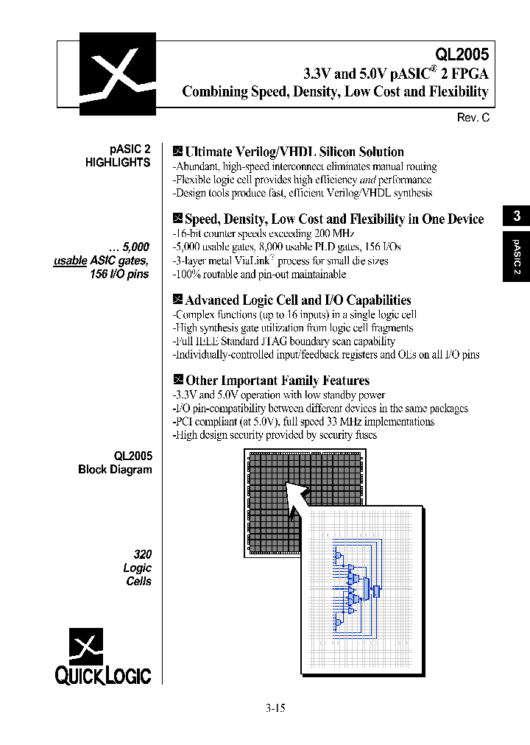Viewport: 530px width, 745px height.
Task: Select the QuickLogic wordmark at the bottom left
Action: [x=103, y=675]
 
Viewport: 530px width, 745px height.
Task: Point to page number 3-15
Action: [x=275, y=708]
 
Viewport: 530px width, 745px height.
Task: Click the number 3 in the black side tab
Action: [x=517, y=216]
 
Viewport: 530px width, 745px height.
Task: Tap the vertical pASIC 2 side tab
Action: [x=517, y=256]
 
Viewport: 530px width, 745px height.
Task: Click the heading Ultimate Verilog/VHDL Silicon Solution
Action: [x=294, y=152]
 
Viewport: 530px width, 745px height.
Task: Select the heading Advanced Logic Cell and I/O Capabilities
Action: [x=297, y=300]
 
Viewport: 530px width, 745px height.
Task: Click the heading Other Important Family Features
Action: [x=277, y=381]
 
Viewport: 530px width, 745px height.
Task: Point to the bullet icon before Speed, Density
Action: [x=177, y=219]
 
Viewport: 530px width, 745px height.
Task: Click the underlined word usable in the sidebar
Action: [x=71, y=261]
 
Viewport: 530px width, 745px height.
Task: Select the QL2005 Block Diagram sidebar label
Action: [x=116, y=462]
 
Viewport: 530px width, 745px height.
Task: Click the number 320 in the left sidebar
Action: [x=142, y=554]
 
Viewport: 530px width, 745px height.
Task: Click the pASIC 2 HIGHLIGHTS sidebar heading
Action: [x=119, y=156]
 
